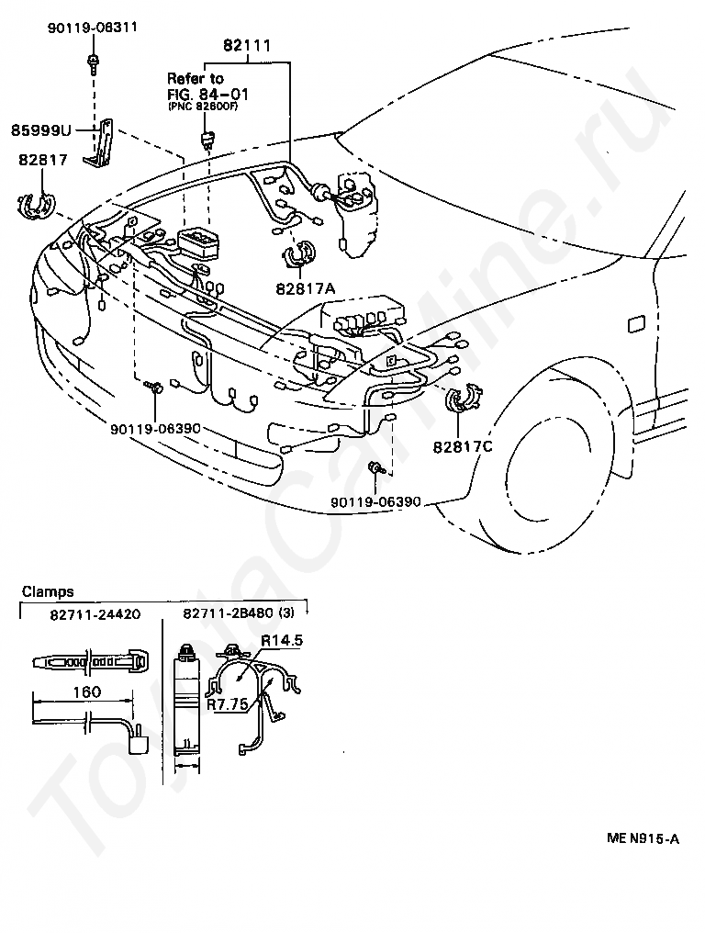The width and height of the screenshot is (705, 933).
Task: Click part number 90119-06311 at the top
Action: coord(93,28)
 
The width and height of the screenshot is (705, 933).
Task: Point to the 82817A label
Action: coord(305,288)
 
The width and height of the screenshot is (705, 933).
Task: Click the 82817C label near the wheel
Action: coord(462,447)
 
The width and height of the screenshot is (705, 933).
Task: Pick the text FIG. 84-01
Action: coord(207,94)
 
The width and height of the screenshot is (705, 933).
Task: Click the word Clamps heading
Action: coord(48,592)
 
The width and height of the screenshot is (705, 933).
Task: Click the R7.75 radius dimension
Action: coord(227,706)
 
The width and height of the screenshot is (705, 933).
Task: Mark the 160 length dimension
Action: coord(86,691)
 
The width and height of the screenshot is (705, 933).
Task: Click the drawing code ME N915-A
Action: coord(643,837)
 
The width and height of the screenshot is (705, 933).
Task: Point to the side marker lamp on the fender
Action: coord(634,323)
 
